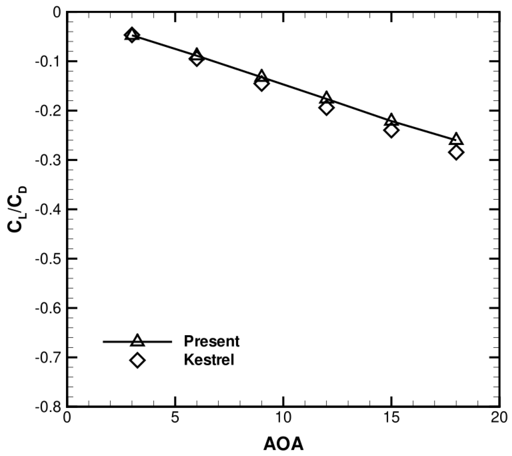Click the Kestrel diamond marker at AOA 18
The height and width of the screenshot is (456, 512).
tap(456, 153)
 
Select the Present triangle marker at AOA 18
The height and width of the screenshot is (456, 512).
tap(456, 140)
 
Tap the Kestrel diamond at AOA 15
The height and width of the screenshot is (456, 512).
tap(391, 130)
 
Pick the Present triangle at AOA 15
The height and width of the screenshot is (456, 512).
tap(391, 121)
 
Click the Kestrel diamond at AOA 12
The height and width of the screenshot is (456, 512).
tap(326, 108)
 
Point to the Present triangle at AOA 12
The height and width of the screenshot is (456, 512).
tap(326, 97)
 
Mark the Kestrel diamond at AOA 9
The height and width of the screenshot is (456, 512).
tap(261, 84)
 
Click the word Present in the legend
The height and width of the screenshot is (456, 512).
tap(212, 341)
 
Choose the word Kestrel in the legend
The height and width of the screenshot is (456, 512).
tap(209, 360)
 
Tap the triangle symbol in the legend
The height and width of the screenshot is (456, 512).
tap(137, 341)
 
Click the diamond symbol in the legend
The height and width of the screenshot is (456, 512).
tap(137, 360)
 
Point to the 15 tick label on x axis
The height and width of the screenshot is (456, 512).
tap(391, 418)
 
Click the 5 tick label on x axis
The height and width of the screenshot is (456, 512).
tap(175, 418)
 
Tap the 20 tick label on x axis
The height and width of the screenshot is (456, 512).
tap(499, 418)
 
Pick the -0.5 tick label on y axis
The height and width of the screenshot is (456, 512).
tap(48, 259)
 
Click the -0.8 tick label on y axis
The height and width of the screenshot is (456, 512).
tap(48, 407)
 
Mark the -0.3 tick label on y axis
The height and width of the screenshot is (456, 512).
tap(48, 160)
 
